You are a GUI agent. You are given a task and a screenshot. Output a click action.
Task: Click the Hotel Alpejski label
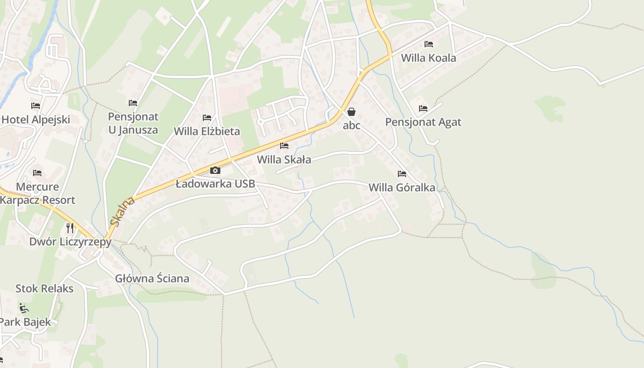36,120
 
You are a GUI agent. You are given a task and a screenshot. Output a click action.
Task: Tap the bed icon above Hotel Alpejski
35,106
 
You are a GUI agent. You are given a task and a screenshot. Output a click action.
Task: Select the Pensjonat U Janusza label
133,123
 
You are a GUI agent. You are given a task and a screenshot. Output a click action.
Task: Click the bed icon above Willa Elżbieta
207,118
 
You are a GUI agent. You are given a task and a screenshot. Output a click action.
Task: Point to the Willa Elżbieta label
207,131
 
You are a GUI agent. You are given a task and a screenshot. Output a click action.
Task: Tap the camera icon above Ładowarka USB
215,171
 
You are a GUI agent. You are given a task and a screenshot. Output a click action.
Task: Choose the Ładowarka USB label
215,184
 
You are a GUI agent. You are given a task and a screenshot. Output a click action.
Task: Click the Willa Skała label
284,160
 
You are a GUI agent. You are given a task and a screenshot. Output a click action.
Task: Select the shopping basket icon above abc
351,112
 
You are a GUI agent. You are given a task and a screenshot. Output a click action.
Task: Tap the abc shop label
351,125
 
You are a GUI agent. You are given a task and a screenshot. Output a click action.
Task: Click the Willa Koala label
428,58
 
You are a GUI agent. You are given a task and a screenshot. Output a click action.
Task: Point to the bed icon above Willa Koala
429,44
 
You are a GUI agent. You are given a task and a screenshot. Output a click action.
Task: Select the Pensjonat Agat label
423,122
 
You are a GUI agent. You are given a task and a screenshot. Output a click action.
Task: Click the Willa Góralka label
402,188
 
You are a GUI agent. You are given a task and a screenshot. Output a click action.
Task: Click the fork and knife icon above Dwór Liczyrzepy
70,228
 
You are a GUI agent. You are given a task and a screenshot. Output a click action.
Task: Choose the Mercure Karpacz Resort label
38,193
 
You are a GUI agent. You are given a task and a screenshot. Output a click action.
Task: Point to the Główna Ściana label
152,278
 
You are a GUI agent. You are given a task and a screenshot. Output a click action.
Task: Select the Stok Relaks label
45,288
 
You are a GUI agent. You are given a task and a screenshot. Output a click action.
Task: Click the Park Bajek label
25,322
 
